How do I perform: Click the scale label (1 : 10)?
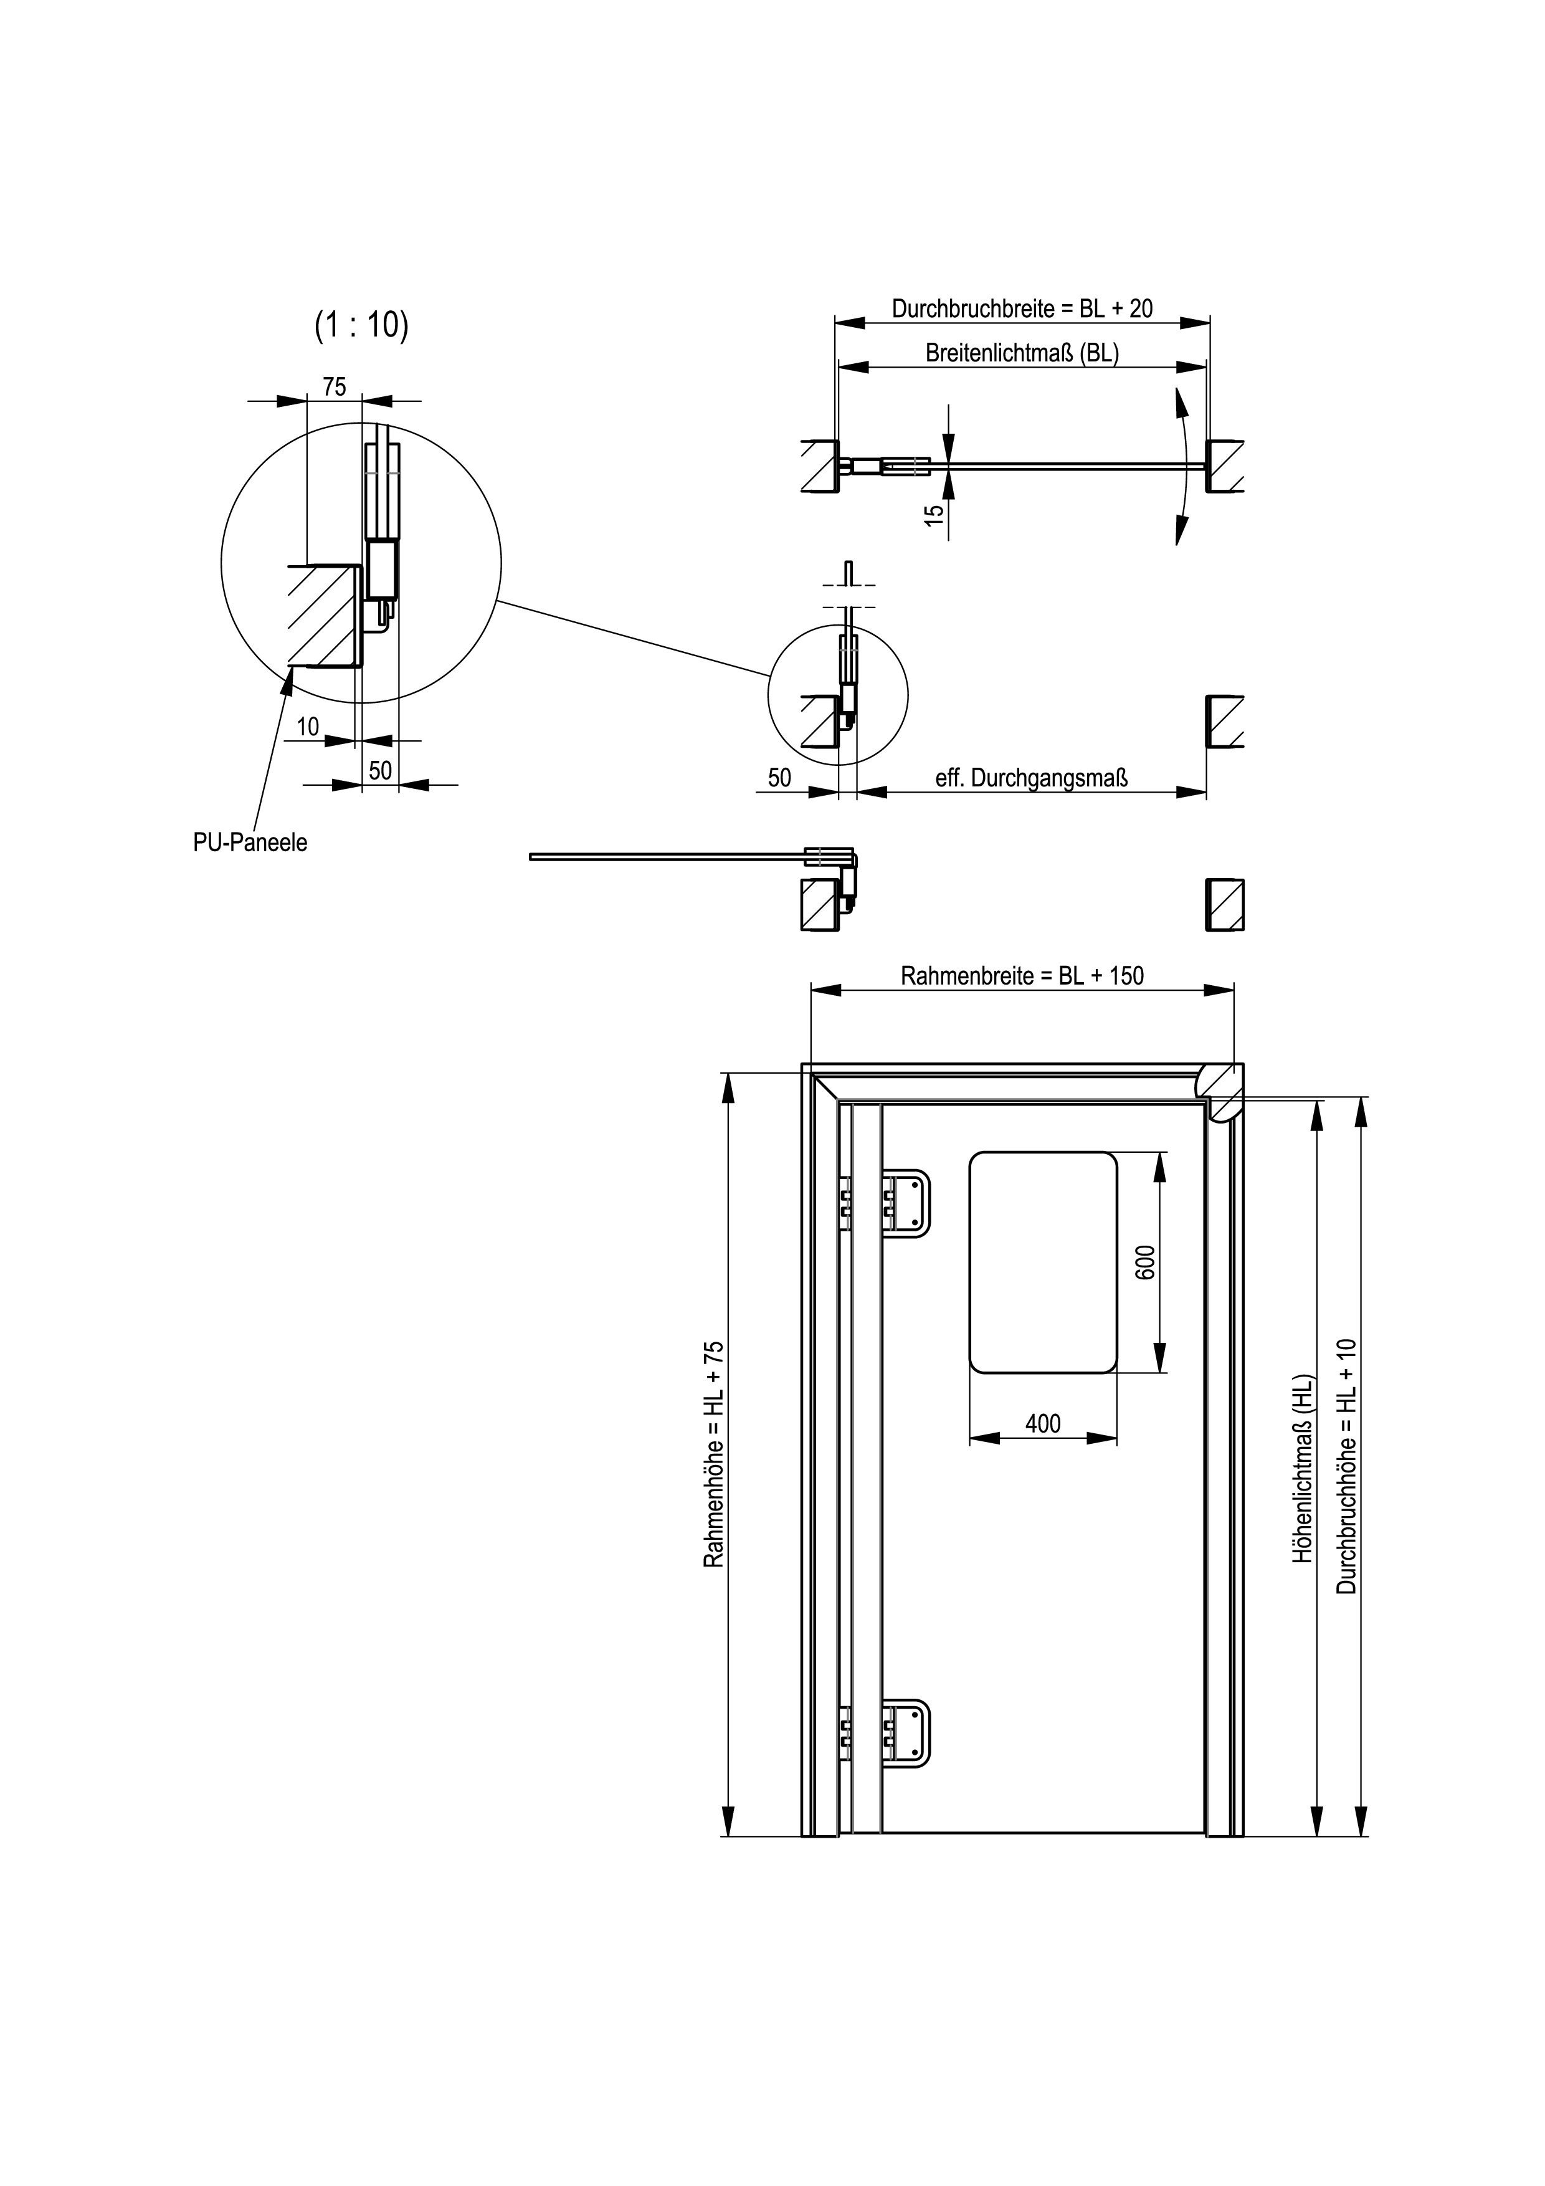tap(362, 326)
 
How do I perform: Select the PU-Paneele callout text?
tap(250, 842)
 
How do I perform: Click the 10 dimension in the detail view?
tap(308, 727)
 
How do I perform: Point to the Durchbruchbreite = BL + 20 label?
tap(1022, 308)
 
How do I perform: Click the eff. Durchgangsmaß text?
tap(1032, 778)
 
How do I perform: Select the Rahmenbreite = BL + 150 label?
tap(1022, 976)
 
